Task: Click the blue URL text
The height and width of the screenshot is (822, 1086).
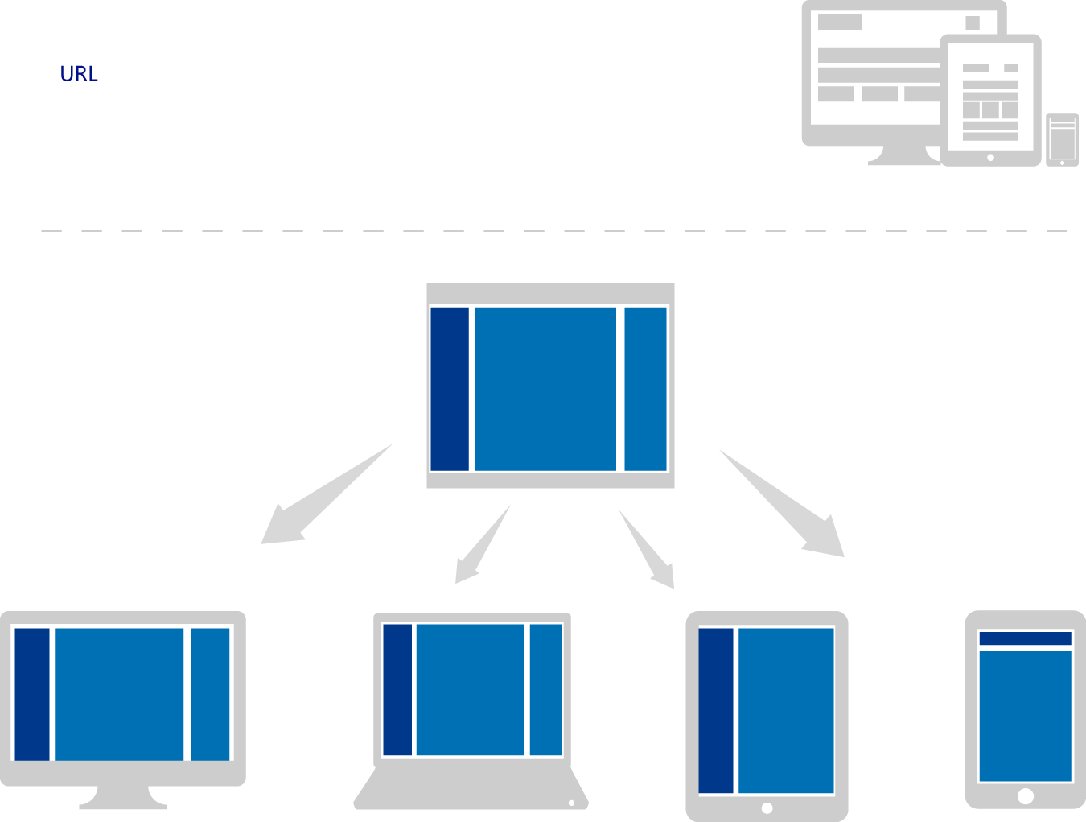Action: (x=79, y=74)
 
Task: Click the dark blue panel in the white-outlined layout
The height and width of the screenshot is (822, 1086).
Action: (x=450, y=389)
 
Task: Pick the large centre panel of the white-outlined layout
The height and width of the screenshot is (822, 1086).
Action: (x=545, y=389)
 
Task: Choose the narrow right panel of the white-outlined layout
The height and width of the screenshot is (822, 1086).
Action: (x=645, y=389)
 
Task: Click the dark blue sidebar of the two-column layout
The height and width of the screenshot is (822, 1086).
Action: (x=716, y=712)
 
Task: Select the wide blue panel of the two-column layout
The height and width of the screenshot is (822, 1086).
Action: (x=786, y=712)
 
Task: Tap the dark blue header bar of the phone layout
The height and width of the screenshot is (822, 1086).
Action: (x=1025, y=641)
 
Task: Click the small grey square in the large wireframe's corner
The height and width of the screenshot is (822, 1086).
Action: (x=973, y=23)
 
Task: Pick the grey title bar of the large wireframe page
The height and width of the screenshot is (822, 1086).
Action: (x=840, y=23)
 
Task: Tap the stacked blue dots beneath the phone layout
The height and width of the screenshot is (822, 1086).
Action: (x=1025, y=805)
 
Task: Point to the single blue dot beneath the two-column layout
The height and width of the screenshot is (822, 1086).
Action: (x=767, y=806)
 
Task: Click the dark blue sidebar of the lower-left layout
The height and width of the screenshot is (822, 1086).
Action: (x=32, y=694)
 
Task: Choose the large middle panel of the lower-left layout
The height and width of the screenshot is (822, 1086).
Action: (x=119, y=694)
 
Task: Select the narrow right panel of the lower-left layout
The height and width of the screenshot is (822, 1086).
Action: (x=210, y=694)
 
